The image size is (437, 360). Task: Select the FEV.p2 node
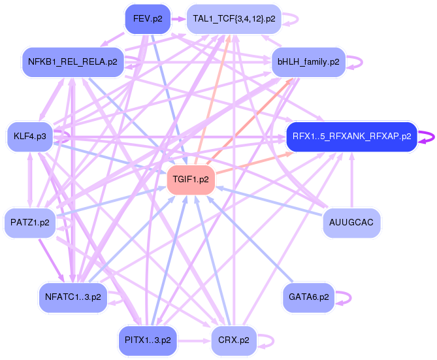pyautogui.click(x=147, y=19)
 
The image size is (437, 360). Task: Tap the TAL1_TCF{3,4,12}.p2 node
pyautogui.click(x=234, y=19)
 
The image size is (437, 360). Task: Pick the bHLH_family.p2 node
pyautogui.click(x=308, y=62)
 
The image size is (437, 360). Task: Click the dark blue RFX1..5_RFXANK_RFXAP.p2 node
pyautogui.click(x=351, y=137)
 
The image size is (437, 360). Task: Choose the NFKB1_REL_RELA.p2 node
pyautogui.click(x=73, y=62)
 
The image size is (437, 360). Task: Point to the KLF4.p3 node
pyautogui.click(x=29, y=137)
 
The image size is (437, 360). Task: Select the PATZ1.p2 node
pyautogui.click(x=29, y=222)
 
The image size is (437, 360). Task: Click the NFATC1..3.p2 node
pyautogui.click(x=73, y=297)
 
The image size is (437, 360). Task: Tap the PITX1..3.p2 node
pyautogui.click(x=147, y=340)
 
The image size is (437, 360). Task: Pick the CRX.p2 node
pyautogui.click(x=234, y=340)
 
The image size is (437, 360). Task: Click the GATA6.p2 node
pyautogui.click(x=308, y=297)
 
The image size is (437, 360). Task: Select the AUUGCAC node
pyautogui.click(x=351, y=222)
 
